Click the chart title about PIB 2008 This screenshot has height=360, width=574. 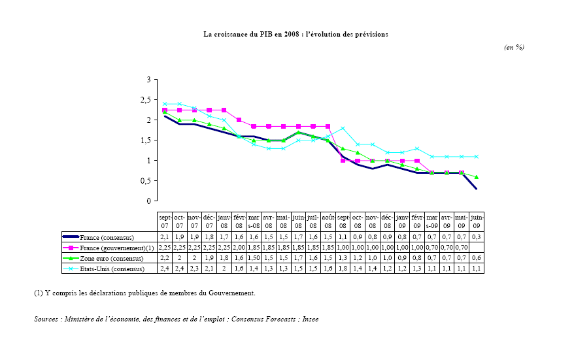point(295,33)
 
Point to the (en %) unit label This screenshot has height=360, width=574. point(514,47)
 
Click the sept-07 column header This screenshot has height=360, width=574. point(165,221)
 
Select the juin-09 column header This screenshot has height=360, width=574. point(477,221)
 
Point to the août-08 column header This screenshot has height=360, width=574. point(328,221)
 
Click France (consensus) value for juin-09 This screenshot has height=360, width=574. point(477,237)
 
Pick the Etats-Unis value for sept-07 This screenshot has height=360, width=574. point(165,269)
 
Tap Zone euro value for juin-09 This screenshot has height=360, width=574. point(477,258)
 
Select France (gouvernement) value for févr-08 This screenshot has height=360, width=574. point(239,248)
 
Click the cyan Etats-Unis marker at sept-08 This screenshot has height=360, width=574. point(343,128)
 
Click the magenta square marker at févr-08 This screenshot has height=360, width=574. point(239,120)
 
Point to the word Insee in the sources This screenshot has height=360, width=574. point(311,319)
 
